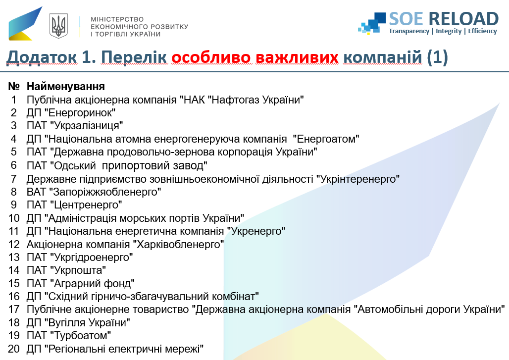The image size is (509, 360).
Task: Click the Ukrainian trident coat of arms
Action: (58, 26)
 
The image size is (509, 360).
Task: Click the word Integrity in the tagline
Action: (449, 31)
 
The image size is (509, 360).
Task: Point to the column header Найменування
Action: (65, 86)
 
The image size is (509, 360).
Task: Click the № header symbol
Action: (14, 86)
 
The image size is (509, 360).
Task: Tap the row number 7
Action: (14, 179)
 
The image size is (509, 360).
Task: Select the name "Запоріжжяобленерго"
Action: (105, 192)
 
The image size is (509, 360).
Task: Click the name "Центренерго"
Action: (86, 205)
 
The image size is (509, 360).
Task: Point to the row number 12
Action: (14, 245)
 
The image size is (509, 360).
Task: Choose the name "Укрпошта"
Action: (78, 270)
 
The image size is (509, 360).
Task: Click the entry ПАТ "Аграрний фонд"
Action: (81, 283)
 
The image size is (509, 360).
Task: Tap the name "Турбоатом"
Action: (81, 335)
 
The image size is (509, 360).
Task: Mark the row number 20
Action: (14, 349)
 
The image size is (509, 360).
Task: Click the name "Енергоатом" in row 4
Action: (326, 139)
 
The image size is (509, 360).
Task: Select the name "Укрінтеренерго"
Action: (357, 179)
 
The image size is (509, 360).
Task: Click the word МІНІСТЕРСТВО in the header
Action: (117, 19)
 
